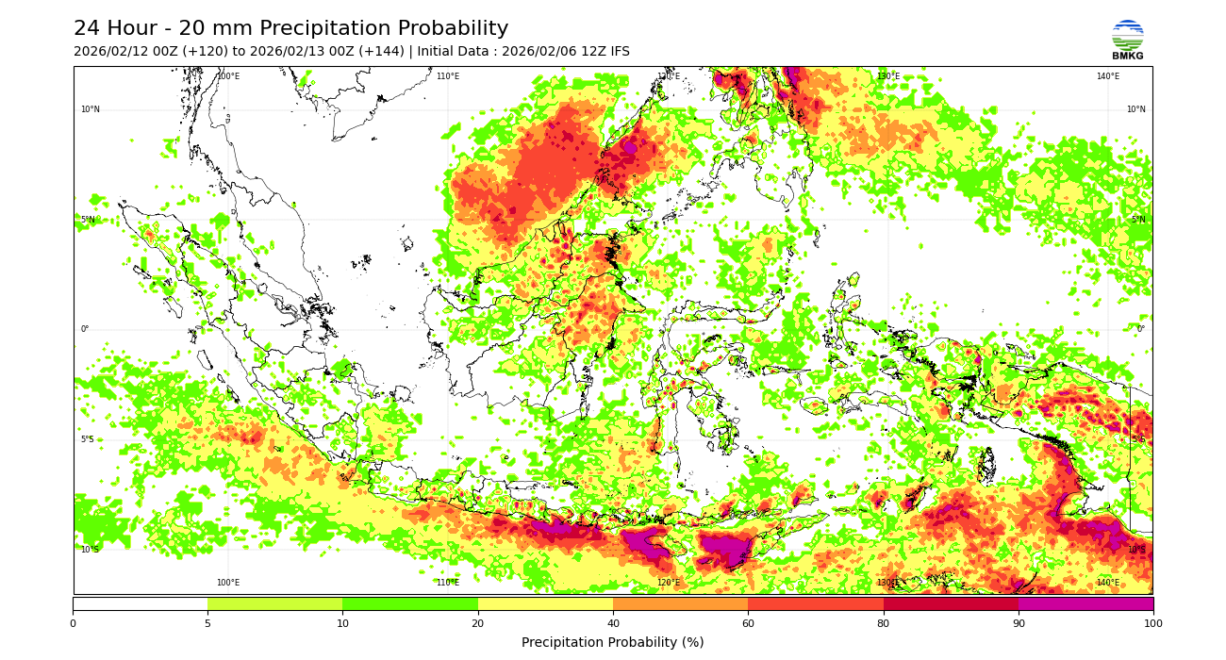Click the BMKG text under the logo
coord(1127,57)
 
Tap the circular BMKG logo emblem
coord(1127,35)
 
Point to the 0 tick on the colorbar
coord(73,623)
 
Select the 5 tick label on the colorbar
coord(207,623)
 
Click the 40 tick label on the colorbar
coord(613,623)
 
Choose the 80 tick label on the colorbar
coord(884,623)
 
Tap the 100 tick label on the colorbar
coord(1152,623)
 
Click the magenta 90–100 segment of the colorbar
coord(1085,603)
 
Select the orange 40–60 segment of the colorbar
coord(680,603)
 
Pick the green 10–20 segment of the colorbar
coord(410,603)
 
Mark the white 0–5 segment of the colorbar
coord(140,603)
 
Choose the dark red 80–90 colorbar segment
coord(951,603)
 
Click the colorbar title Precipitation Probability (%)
coord(613,643)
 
